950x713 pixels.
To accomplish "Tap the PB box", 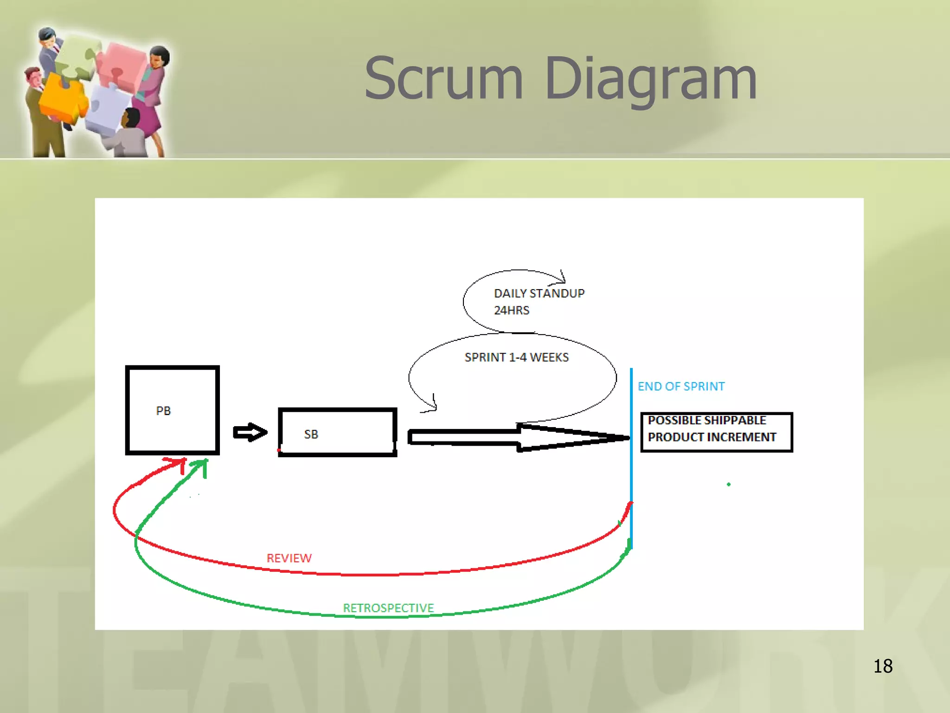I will (172, 410).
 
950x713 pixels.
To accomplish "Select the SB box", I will (337, 433).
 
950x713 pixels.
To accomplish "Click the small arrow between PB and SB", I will (250, 433).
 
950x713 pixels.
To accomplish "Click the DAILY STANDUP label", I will (539, 293).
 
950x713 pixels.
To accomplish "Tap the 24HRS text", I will (511, 311).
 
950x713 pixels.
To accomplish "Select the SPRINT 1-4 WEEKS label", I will (516, 357).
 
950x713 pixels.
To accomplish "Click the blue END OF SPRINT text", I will (680, 386).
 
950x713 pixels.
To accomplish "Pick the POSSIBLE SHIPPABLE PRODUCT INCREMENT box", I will (716, 432).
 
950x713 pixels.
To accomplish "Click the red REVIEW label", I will (289, 558).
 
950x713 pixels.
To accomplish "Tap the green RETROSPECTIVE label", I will (388, 608).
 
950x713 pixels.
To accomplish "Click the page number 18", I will (882, 666).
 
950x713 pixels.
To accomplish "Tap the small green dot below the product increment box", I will (729, 484).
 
